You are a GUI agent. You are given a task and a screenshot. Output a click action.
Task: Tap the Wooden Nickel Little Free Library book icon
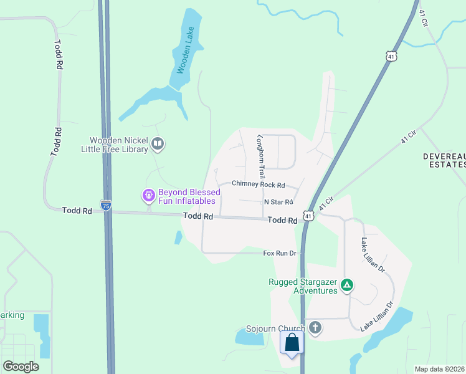158,145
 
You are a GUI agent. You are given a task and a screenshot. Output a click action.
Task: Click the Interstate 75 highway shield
107,205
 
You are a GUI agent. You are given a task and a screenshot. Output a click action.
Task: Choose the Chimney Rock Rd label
258,185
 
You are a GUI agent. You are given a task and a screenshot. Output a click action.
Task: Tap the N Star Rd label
278,202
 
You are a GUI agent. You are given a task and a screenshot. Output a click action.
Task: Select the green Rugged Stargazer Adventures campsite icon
347,286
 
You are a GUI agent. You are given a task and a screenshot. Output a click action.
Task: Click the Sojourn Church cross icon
315,328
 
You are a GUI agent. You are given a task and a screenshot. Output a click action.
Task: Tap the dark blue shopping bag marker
292,343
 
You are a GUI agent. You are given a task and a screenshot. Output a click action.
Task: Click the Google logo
21,366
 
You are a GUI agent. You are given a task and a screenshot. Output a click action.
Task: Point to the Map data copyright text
439,369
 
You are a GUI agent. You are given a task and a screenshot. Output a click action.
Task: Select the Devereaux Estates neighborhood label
444,160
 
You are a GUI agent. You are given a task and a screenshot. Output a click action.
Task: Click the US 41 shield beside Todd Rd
308,216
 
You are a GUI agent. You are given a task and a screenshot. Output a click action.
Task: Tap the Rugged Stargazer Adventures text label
303,286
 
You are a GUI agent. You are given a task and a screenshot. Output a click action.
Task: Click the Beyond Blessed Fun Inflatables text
187,196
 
